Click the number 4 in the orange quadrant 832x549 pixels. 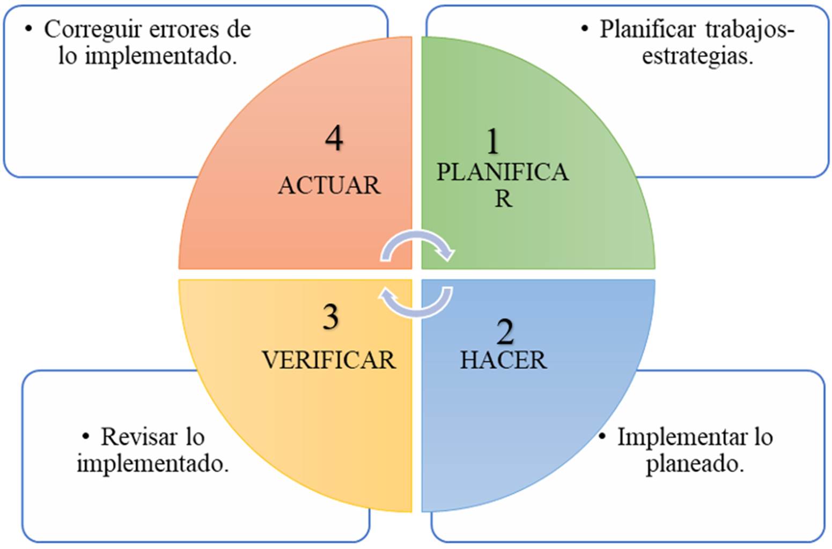pyautogui.click(x=334, y=139)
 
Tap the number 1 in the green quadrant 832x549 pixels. pyautogui.click(x=492, y=142)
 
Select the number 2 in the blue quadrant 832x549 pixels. pyautogui.click(x=505, y=333)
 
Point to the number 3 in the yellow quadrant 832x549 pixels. pyautogui.click(x=330, y=317)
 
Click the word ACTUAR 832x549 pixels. pyautogui.click(x=329, y=185)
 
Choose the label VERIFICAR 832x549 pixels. pyautogui.click(x=329, y=360)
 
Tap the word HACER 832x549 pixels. pyautogui.click(x=503, y=360)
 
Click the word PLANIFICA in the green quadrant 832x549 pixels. pyautogui.click(x=502, y=172)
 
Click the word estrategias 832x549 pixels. pyautogui.click(x=697, y=56)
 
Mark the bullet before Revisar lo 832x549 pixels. pyautogui.click(x=86, y=437)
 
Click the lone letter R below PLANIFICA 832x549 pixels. pyautogui.click(x=503, y=199)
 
